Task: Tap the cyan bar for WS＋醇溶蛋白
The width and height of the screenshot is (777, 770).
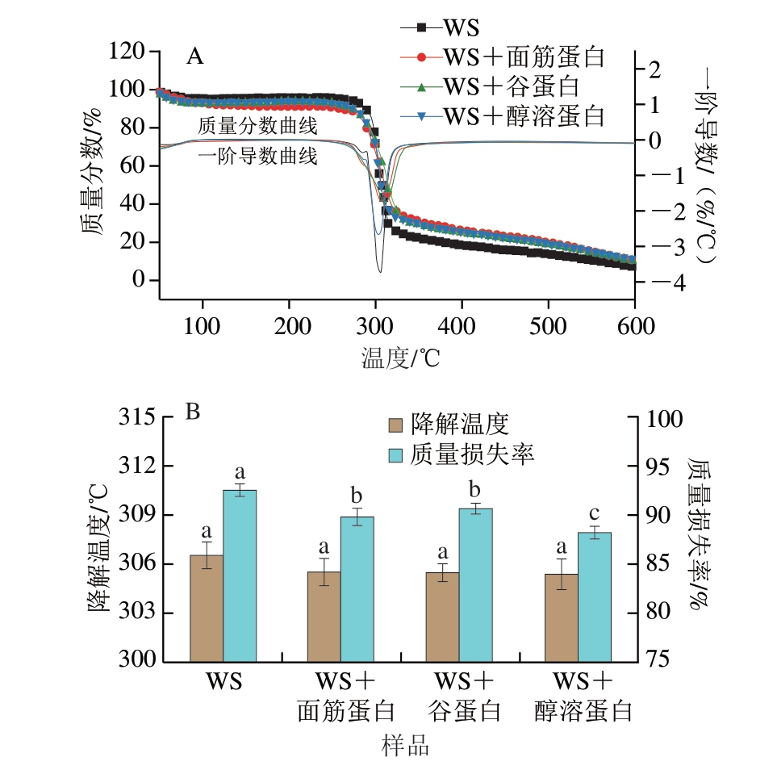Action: [x=595, y=597]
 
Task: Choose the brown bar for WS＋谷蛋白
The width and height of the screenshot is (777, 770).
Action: [x=442, y=617]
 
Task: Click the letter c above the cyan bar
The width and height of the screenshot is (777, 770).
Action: [x=595, y=513]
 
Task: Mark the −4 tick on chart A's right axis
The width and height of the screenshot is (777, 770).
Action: [x=655, y=282]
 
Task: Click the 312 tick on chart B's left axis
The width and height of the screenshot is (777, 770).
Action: [x=140, y=467]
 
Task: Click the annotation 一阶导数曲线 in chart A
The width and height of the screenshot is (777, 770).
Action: [x=257, y=157]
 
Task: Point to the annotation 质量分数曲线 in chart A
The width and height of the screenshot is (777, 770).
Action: [x=257, y=126]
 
